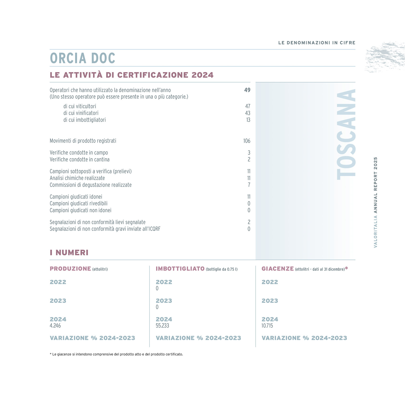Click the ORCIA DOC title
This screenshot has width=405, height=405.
[83, 58]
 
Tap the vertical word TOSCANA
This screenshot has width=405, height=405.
[346, 134]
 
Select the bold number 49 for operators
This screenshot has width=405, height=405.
[247, 90]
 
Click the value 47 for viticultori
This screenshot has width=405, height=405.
[248, 106]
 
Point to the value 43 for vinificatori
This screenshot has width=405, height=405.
[248, 113]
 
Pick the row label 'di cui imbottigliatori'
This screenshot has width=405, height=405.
[85, 120]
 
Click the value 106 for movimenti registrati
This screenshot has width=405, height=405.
[247, 141]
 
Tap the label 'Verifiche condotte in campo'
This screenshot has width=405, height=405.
[79, 153]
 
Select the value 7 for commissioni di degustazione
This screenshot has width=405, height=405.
[249, 185]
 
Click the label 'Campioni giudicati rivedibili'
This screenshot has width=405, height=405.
[78, 204]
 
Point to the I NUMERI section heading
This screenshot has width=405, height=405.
[69, 253]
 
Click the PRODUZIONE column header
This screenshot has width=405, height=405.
[70, 269]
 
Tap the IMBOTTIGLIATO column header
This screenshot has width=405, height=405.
[180, 269]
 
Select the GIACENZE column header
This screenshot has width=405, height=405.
[278, 269]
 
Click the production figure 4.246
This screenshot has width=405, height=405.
[55, 326]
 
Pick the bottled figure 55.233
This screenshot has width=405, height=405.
[162, 326]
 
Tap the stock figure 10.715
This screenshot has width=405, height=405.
[267, 326]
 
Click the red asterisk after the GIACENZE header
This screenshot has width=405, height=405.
[347, 268]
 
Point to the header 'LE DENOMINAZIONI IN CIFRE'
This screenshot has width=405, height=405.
[317, 43]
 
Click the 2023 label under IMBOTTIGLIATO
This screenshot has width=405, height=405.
[164, 301]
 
